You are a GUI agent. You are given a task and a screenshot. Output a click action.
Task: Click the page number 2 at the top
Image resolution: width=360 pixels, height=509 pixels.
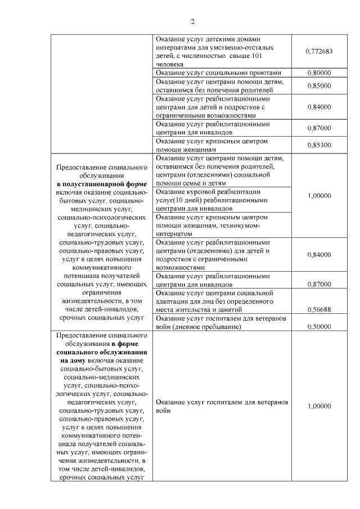tap(192, 22)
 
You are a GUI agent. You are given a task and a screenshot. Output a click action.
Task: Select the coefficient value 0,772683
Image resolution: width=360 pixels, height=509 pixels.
tap(319, 52)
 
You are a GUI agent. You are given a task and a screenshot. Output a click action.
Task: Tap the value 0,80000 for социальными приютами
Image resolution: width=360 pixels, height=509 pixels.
tap(319, 73)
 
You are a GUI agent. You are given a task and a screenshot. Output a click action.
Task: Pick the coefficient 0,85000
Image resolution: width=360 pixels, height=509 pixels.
tap(319, 85)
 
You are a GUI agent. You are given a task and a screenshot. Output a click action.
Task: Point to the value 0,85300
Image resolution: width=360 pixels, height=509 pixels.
tap(319, 145)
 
